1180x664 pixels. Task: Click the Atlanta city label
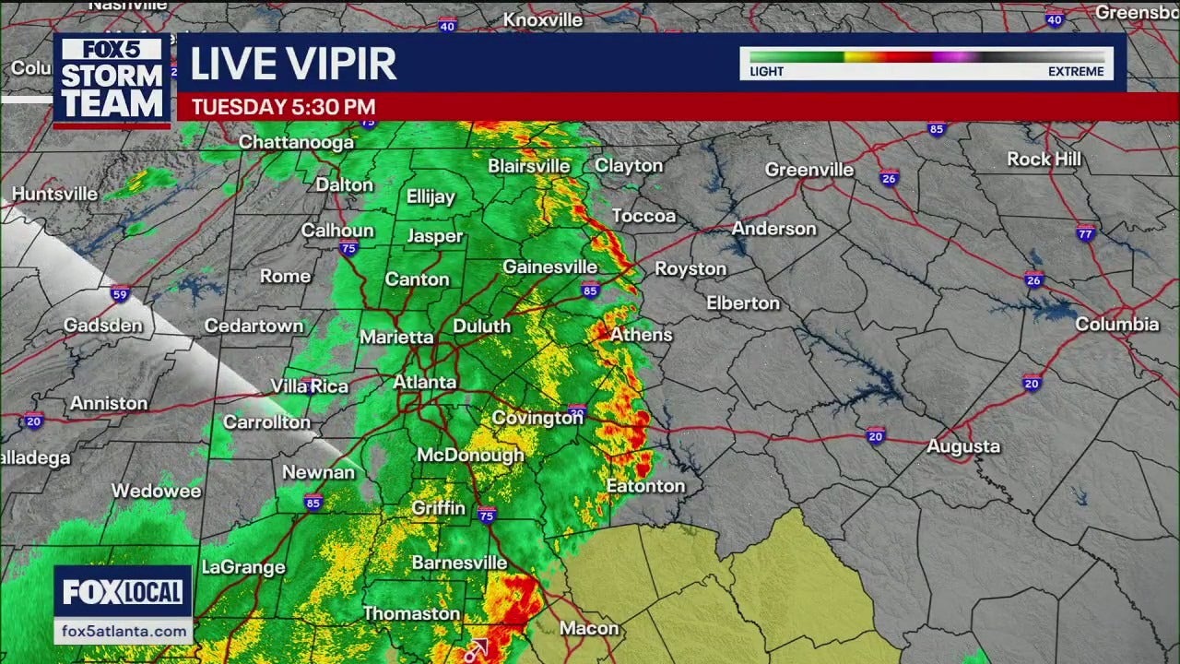coord(425,382)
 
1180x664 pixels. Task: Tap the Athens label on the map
coord(642,335)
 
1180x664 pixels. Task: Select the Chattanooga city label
coord(296,142)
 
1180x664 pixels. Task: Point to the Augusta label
coord(963,446)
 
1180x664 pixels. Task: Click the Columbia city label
coord(1116,324)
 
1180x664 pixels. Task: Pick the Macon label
coord(589,628)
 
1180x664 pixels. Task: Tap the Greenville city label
coord(809,170)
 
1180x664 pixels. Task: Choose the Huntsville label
coord(55,194)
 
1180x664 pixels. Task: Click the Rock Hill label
coord(1044,159)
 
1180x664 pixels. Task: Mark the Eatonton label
coord(645,486)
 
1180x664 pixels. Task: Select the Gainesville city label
coord(549,267)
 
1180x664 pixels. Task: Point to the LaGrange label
coord(243,567)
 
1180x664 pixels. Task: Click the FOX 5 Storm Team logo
coord(112,80)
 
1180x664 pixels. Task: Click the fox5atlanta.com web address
coord(123,631)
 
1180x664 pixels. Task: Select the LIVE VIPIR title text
coord(293,63)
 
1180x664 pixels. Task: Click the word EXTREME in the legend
coord(1075,72)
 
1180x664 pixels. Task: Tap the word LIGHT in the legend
coord(766,72)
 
